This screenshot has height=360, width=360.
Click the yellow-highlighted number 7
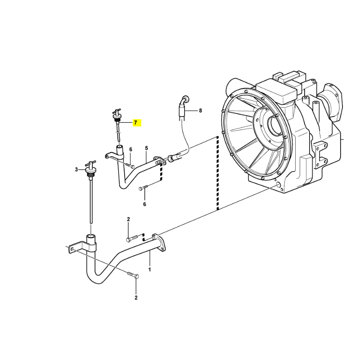135,123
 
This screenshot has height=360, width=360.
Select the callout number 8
200,111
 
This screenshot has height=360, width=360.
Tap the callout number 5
147,148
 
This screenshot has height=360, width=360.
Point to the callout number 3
76,170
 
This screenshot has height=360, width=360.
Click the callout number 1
149,269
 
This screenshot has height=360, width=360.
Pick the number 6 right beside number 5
130,150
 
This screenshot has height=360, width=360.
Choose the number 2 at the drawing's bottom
136,298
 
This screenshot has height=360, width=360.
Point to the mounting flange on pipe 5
159,161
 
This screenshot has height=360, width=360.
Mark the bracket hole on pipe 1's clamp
72,249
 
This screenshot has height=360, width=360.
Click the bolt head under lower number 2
136,276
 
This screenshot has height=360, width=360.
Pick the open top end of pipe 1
91,236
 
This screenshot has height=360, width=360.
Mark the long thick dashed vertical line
217,173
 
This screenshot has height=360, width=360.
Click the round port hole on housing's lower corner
279,185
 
